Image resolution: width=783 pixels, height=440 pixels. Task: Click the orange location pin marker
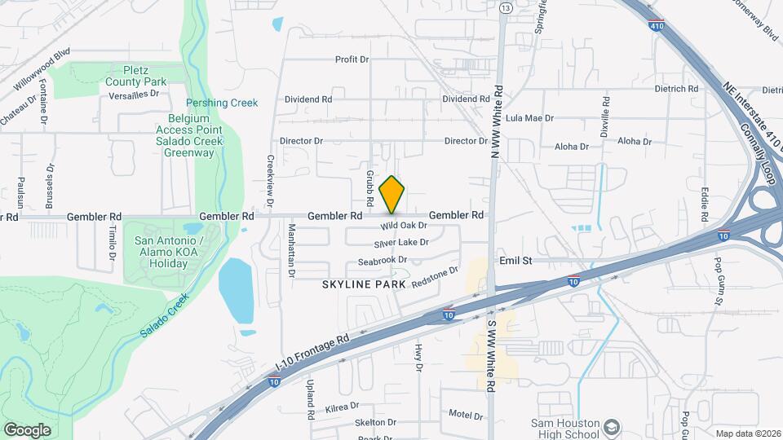point(392,194)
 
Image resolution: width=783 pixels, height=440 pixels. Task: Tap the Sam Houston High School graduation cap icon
point(611,426)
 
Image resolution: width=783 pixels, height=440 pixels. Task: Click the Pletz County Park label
point(135,76)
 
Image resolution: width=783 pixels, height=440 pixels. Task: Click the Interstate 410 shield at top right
point(657,26)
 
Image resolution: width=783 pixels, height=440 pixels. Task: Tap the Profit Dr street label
point(352,59)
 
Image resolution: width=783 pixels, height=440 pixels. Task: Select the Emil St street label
point(515,261)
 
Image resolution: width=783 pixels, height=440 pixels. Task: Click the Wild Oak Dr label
point(404,226)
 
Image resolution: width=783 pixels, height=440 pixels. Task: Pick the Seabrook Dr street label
point(383,261)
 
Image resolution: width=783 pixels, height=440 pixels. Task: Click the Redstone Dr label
point(436,276)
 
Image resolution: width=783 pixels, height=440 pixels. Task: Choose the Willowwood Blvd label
point(42,73)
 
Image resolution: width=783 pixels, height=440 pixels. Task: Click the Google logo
point(27,429)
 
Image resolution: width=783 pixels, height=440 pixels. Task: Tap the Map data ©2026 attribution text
point(746,433)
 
